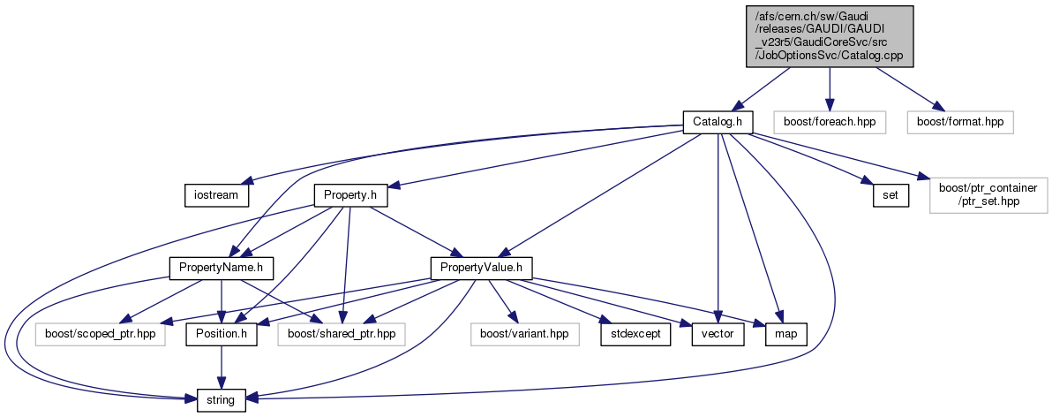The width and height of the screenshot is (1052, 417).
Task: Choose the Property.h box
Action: [350, 194]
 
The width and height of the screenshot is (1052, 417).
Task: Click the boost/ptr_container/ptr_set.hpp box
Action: [988, 194]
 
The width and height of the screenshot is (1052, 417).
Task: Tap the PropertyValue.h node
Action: [481, 266]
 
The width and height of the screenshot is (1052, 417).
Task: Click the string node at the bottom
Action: [221, 400]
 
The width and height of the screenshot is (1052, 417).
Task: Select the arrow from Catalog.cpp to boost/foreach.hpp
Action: [829, 88]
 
